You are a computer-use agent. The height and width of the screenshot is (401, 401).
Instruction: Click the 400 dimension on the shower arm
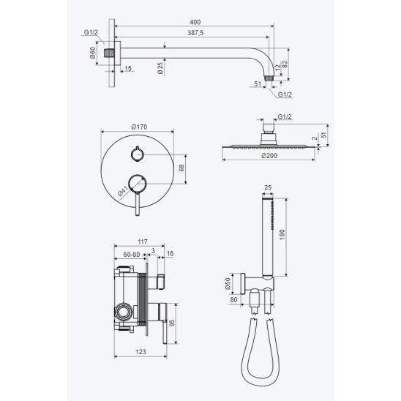click(x=195, y=22)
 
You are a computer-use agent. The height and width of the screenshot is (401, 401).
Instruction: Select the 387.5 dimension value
click(x=195, y=33)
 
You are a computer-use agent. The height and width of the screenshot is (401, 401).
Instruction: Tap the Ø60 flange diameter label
click(x=92, y=53)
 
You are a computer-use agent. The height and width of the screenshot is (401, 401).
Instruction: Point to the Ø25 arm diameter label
click(x=160, y=68)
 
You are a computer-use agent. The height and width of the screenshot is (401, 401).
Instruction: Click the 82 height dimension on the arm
click(x=285, y=64)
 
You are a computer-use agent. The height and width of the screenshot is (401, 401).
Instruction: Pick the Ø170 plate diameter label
click(x=139, y=127)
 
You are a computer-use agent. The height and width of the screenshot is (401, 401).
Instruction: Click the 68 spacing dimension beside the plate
click(x=181, y=168)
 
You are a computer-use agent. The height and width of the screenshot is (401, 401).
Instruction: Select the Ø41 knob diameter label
click(x=123, y=191)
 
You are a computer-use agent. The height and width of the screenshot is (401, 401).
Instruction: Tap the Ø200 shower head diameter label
click(x=269, y=155)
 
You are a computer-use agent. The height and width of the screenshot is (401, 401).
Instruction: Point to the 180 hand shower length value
click(x=282, y=234)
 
